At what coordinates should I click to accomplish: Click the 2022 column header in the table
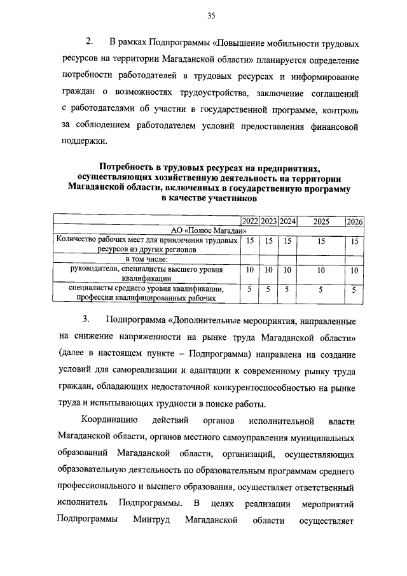[250, 221]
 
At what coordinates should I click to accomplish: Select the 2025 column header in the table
[321, 221]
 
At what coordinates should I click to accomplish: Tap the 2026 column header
[355, 221]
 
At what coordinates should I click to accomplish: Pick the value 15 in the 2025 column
[321, 241]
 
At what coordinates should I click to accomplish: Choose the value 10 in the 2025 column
[321, 270]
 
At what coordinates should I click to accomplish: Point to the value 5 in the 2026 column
[355, 290]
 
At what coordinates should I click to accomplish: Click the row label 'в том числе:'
[146, 260]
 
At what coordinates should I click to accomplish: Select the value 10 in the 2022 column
[250, 270]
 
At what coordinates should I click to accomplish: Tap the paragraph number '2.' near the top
[90, 43]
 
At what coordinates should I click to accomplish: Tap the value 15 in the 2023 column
[269, 241]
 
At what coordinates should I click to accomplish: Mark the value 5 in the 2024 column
[287, 290]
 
